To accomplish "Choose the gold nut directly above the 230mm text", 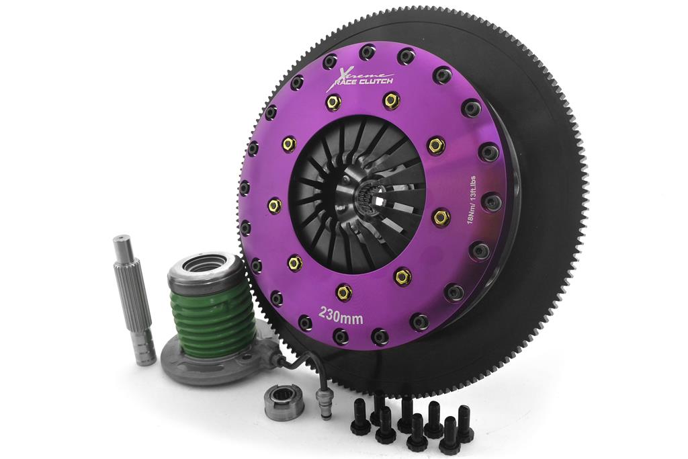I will [x=343, y=292].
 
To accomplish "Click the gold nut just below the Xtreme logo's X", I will [x=333, y=102].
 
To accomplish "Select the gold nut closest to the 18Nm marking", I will [x=441, y=216].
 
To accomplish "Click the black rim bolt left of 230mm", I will [x=304, y=323].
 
